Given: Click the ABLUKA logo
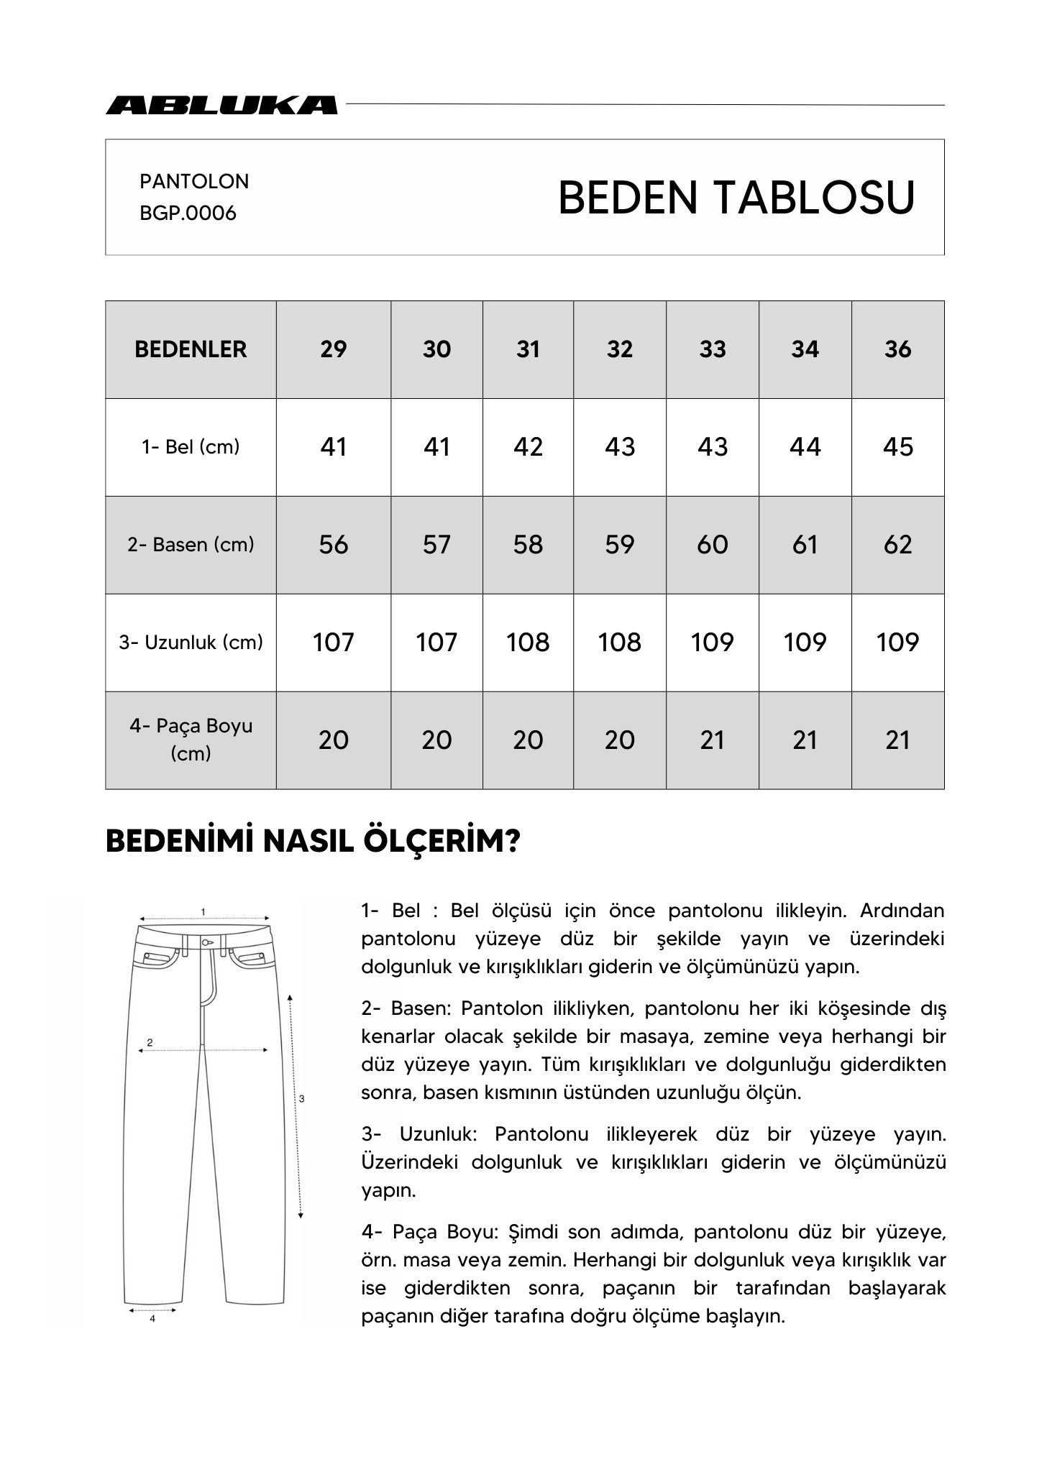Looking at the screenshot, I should coord(221,105).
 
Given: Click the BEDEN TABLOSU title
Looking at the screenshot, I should coord(736,198).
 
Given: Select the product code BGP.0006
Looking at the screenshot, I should coord(188,213).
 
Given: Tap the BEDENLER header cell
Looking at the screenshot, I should coord(191,349).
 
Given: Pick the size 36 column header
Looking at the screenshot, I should coord(897,349).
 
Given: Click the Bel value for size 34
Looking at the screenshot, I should coord(805,447).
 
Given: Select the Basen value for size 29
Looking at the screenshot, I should coord(334,545).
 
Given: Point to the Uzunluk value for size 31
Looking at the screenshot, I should coord(528,642).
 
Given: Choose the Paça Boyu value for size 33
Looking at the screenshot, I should coord(712,740).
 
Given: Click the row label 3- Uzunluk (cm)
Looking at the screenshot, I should coord(191,642).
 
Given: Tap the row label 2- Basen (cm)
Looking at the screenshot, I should coord(191,545).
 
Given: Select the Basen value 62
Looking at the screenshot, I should coord(897,545).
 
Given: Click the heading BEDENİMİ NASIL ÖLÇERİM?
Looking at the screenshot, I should coord(313,841).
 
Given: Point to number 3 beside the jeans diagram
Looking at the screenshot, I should coord(301,1098).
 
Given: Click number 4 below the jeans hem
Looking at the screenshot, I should coord(152,1319).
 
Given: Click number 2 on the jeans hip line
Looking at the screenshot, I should coord(150,1042).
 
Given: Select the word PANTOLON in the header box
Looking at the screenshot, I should coord(194,181).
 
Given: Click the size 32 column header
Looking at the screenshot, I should coord(619,349).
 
